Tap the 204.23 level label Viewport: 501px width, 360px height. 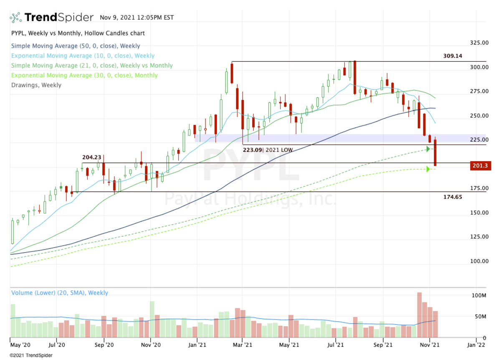click(92, 157)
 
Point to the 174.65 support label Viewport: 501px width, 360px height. click(453, 196)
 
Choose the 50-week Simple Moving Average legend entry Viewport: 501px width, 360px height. click(76, 46)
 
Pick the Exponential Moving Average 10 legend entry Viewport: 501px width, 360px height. click(83, 56)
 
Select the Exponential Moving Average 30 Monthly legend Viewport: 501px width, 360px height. click(84, 75)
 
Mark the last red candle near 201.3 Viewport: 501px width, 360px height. click(435, 153)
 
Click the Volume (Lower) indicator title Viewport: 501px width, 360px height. click(59, 293)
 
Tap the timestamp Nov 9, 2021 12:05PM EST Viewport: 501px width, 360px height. click(137, 18)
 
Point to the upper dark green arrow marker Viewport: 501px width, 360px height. click(428, 149)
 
